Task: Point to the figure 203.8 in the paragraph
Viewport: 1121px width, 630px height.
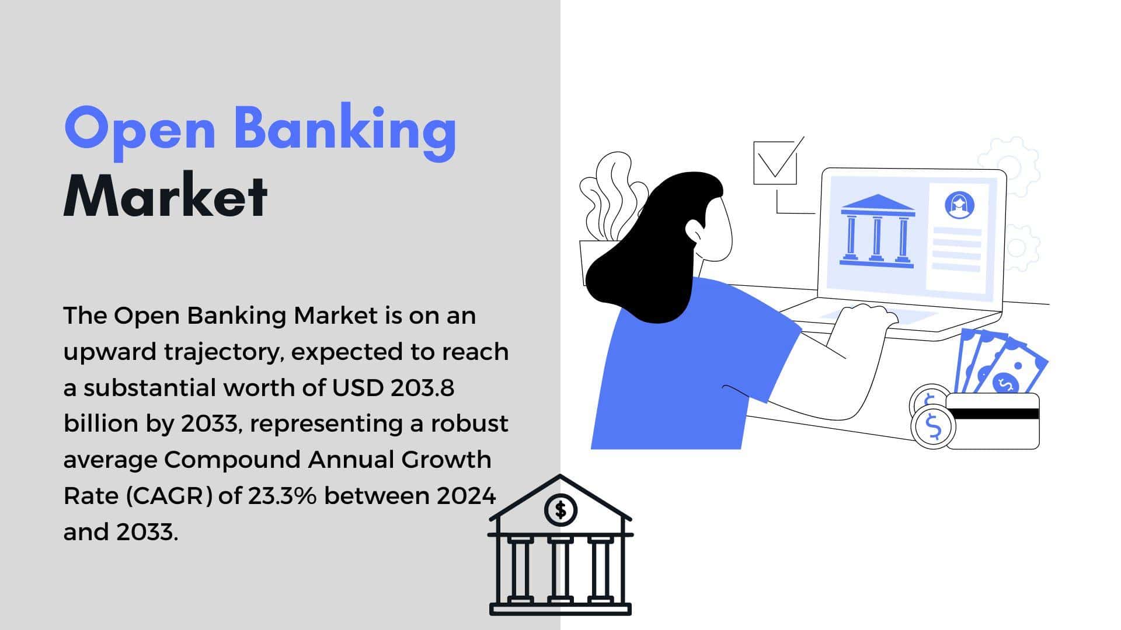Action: point(423,388)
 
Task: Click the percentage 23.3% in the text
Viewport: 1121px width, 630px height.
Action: point(283,496)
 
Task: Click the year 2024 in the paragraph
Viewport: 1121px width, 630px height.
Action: point(466,496)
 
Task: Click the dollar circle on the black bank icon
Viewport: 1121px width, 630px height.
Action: point(560,510)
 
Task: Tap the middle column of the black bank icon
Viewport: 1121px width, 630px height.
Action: point(560,569)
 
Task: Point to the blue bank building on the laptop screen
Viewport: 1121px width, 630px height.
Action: point(876,232)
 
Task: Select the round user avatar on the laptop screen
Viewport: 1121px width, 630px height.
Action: point(959,205)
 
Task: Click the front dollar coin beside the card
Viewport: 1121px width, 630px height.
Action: point(933,426)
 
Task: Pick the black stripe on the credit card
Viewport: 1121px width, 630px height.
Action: point(993,414)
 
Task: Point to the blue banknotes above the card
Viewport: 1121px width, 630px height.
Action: point(1000,362)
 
